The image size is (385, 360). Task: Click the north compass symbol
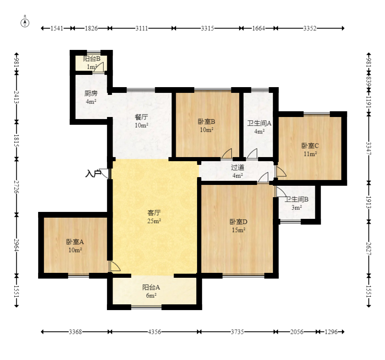point(25,23)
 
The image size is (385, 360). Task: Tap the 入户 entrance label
point(93,173)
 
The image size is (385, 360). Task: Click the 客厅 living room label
point(154,212)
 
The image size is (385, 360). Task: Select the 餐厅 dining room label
point(141,117)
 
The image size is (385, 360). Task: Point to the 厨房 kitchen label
point(91,93)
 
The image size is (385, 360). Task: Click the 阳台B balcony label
point(92,59)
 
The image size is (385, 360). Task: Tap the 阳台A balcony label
point(151,287)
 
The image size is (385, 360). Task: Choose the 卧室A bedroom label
point(75,242)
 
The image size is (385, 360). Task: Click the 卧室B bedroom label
point(206,122)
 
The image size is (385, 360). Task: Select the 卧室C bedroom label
point(310,146)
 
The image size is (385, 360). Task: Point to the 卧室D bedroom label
point(238,222)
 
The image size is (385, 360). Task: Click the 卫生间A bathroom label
point(259,123)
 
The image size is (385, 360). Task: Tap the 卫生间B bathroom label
point(297,199)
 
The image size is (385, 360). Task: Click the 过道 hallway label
point(238,167)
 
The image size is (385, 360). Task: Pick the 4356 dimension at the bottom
point(154,332)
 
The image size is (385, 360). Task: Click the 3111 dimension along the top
point(142,28)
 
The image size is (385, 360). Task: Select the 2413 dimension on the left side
point(16,97)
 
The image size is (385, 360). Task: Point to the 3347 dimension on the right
point(369,148)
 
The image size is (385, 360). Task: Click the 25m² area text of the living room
point(154,221)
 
